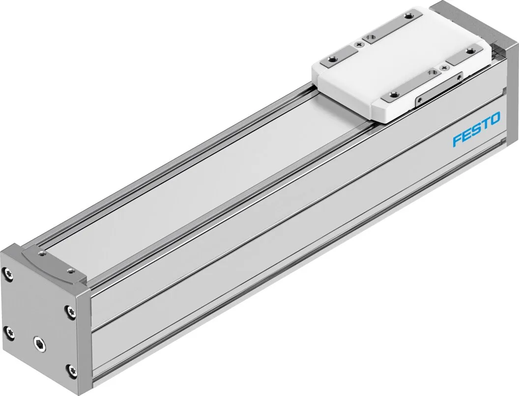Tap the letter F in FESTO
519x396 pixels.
[457, 140]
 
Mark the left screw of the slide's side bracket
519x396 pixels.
[419, 99]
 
